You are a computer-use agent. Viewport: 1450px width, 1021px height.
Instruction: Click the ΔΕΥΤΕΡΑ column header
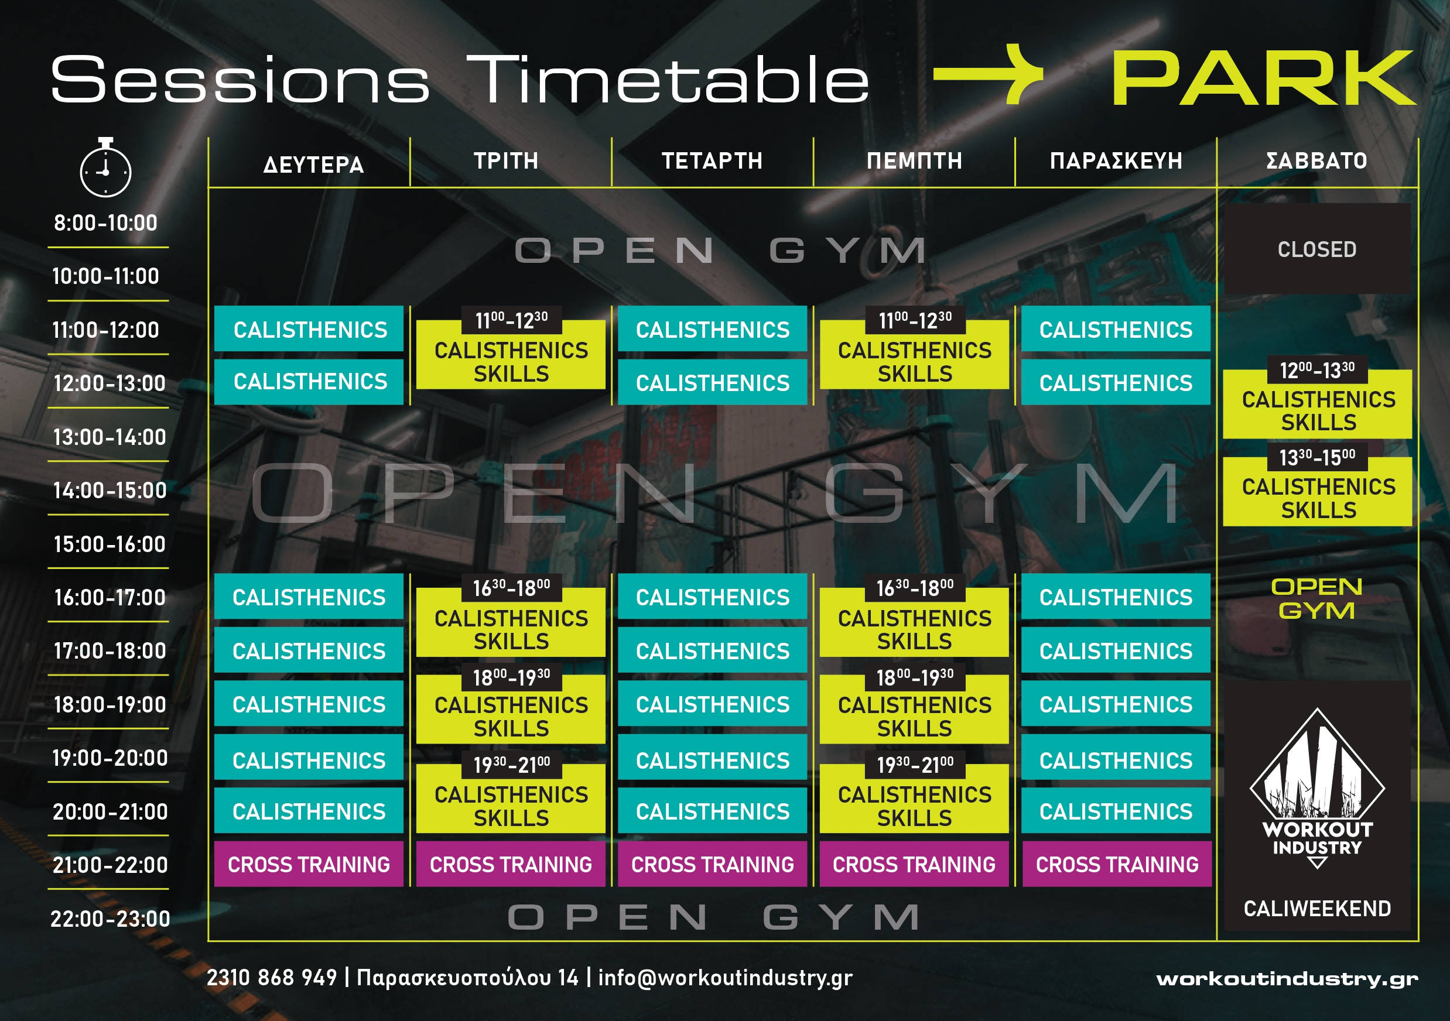click(313, 165)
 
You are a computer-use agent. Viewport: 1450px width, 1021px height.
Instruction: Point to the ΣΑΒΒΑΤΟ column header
click(1316, 161)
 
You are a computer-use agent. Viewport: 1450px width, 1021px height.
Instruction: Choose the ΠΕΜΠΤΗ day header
click(915, 161)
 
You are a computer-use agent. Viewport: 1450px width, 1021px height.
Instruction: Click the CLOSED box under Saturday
click(1318, 249)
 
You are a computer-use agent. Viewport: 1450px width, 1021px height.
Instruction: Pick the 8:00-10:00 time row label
click(105, 223)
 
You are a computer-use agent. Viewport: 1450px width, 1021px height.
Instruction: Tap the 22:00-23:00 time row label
click(111, 919)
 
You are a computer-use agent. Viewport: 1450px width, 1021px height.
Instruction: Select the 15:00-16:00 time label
click(110, 544)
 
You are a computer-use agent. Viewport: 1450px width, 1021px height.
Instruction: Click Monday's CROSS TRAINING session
click(309, 864)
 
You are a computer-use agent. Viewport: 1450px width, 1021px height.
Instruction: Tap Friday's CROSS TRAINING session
click(1117, 864)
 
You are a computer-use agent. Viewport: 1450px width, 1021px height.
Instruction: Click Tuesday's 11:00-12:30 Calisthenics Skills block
click(511, 348)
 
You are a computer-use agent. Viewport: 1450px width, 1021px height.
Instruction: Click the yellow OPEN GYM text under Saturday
click(1316, 598)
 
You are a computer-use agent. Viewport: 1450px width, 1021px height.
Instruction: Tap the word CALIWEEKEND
click(1318, 909)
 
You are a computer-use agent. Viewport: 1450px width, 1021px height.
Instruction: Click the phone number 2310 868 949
click(272, 978)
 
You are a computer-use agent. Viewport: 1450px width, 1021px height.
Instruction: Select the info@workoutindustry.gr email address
click(725, 978)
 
